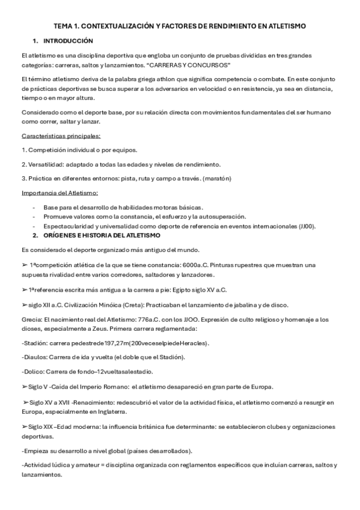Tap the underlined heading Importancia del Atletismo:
(x=59, y=192)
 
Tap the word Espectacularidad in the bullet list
(x=69, y=226)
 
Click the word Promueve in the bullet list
(x=58, y=216)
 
